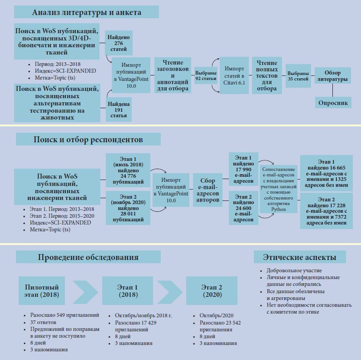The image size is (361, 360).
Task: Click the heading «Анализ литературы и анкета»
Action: (86, 12)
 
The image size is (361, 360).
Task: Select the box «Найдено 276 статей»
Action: (118, 43)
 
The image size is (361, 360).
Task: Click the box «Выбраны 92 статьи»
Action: (206, 76)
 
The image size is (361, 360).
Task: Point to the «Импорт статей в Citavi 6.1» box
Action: (234, 75)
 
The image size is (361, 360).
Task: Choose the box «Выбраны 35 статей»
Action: (298, 76)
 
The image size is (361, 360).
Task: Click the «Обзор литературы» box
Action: (332, 76)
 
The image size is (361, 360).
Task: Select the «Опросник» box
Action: (333, 103)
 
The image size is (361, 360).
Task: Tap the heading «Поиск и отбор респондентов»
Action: (88, 139)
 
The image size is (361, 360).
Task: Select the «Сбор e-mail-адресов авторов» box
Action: (208, 190)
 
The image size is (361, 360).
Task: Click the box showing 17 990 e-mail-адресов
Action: (243, 169)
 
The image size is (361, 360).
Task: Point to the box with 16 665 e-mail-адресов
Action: (326, 173)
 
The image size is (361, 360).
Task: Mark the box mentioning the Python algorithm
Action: (279, 190)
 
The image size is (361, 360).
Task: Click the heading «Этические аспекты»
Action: (300, 257)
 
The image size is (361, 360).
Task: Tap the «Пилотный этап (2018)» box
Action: (42, 291)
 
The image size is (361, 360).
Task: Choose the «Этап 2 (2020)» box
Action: (212, 291)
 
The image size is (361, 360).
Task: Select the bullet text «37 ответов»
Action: (42, 322)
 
